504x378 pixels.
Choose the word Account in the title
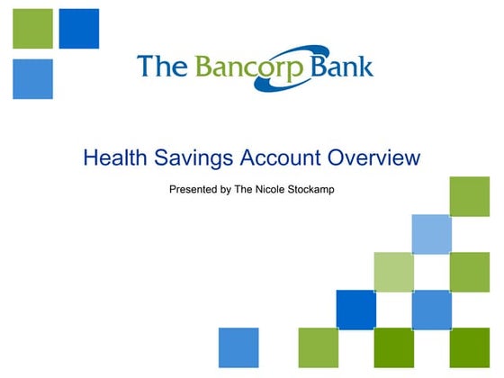point(278,159)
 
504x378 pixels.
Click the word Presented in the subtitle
point(193,190)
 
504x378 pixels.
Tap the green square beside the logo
point(32,29)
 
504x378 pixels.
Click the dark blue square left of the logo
point(78,29)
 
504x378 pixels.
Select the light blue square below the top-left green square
point(32,78)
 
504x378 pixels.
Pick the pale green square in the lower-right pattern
point(392,272)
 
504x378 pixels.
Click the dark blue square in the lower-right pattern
point(355,310)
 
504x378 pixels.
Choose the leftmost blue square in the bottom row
point(238,347)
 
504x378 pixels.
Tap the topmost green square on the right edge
point(468,197)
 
